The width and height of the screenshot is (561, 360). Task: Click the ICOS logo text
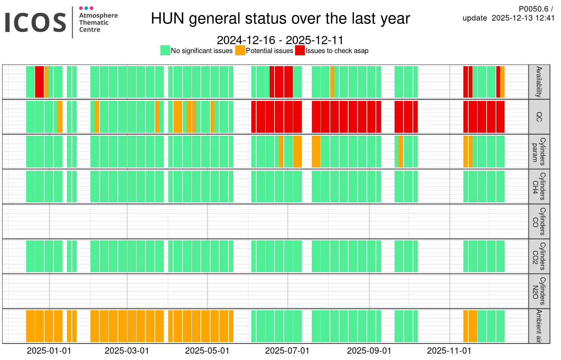(36, 22)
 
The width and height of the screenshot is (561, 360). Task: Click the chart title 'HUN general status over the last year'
(280, 19)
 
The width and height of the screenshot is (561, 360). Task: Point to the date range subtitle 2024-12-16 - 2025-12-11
(280, 40)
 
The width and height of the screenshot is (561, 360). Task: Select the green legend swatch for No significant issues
(165, 50)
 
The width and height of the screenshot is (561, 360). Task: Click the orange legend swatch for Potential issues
(240, 50)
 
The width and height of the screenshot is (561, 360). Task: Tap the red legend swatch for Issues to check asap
(300, 50)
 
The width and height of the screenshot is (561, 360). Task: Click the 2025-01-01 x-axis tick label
(49, 351)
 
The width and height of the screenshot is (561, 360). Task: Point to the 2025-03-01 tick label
(127, 351)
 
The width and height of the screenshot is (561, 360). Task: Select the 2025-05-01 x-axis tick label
(207, 351)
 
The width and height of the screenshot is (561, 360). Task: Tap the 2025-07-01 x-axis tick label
(287, 351)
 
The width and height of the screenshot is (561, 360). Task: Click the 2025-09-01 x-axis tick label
(369, 351)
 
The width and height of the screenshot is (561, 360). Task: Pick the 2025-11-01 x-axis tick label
(449, 351)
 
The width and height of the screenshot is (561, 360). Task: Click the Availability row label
(539, 82)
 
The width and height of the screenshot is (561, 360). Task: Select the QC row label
(539, 117)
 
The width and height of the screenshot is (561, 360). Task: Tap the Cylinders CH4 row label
(539, 187)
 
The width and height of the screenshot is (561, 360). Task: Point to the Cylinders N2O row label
(539, 291)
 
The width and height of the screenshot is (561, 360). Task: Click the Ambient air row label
(539, 326)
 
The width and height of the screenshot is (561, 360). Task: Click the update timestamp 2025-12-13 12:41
(523, 18)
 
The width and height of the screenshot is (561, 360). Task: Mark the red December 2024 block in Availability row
(39, 82)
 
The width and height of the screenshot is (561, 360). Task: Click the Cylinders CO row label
(539, 221)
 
